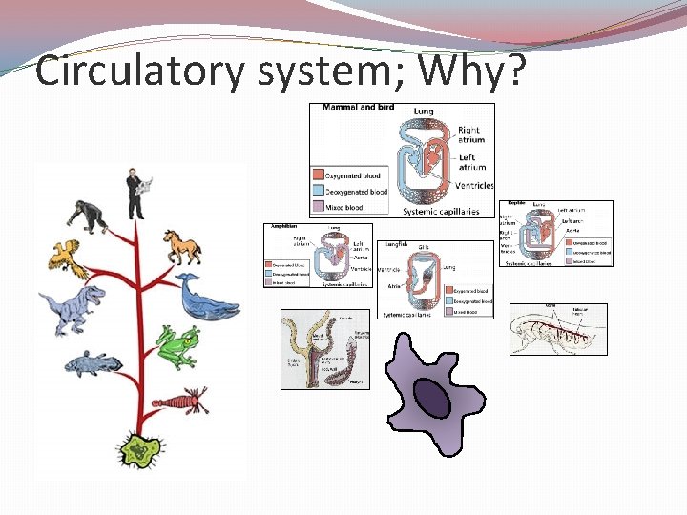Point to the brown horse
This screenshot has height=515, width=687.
click(182, 246)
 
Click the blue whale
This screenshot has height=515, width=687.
click(207, 299)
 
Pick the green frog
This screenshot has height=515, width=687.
click(179, 345)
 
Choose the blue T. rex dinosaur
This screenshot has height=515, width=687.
click(78, 307)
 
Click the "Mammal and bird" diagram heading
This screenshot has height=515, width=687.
click(358, 107)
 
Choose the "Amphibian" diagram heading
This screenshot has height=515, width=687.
click(283, 227)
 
